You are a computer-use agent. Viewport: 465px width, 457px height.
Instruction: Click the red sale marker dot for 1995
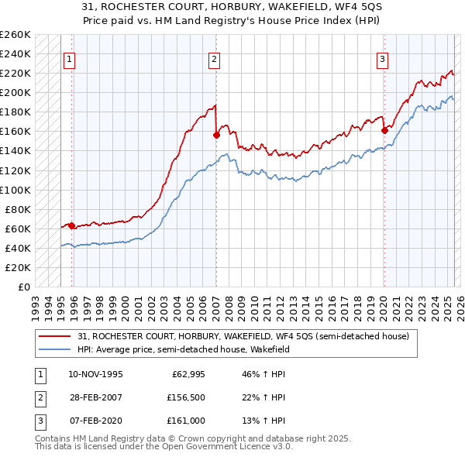72,225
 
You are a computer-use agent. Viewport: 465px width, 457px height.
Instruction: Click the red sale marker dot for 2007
216,135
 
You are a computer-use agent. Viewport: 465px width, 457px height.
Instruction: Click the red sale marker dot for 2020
384,130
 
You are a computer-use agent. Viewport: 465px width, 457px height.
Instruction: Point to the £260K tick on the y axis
15,35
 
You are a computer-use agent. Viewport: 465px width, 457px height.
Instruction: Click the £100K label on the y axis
15,190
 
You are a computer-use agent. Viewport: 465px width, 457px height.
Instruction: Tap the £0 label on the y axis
24,287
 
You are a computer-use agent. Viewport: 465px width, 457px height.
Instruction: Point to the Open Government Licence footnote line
153,447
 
